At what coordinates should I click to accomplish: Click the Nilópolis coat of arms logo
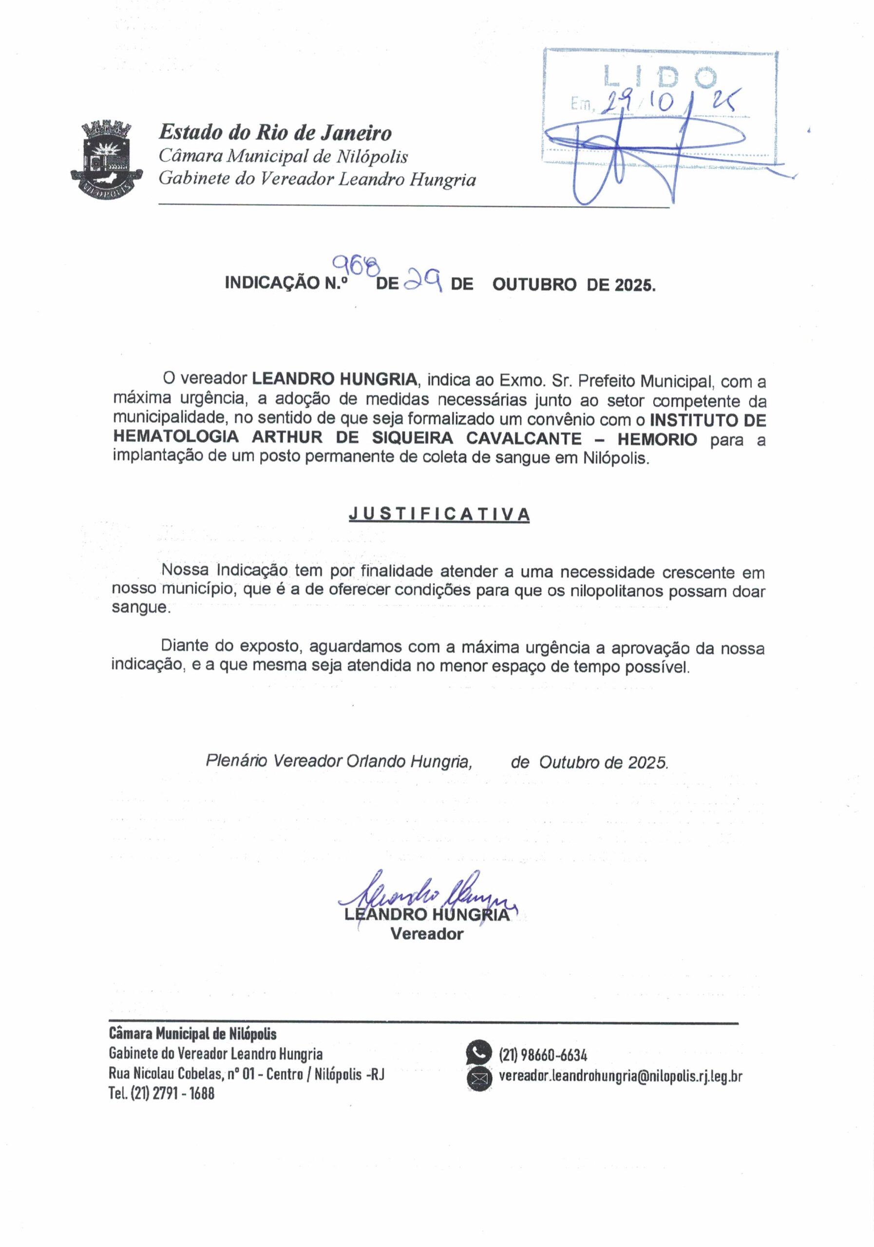(107, 159)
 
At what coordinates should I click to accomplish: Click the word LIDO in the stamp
(660, 77)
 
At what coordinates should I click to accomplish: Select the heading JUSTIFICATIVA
(439, 514)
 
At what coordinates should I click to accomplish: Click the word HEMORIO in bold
(656, 439)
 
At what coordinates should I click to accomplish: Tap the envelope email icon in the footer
(478, 1078)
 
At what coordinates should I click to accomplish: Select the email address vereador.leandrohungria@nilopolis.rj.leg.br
(620, 1076)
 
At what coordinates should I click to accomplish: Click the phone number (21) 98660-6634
(543, 1055)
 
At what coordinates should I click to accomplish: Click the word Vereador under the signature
(426, 934)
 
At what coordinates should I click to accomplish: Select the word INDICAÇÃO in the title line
(271, 283)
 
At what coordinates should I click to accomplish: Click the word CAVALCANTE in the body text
(524, 438)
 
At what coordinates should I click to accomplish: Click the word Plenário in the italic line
(236, 761)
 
